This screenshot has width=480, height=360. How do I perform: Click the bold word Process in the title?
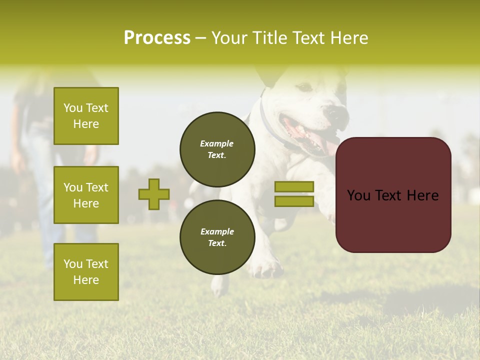157,38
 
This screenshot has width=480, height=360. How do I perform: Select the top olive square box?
86,116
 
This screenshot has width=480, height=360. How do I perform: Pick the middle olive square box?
86,195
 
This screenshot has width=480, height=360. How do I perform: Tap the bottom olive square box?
86,272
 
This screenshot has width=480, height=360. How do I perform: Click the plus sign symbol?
154,194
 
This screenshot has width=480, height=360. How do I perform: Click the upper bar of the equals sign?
294,186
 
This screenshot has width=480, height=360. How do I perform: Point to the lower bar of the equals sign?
294,201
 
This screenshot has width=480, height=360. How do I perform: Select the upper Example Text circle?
217,149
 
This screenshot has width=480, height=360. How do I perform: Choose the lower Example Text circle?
217,237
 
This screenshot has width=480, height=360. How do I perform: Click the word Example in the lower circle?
217,231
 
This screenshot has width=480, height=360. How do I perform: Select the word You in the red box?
358,195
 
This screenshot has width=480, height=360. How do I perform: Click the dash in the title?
200,38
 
